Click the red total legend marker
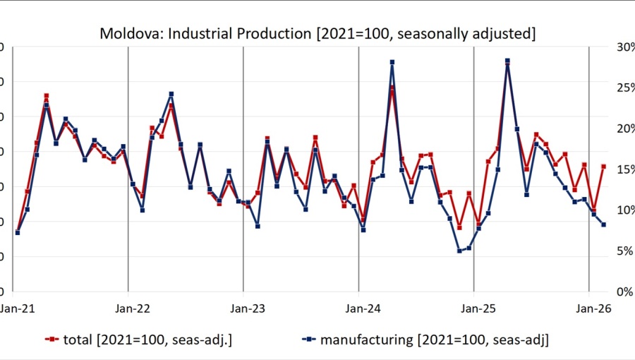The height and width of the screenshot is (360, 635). [51, 340]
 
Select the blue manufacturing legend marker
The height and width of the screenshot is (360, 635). [307, 340]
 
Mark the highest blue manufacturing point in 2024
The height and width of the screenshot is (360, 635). [392, 62]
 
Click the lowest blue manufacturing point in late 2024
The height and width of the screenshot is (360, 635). [459, 251]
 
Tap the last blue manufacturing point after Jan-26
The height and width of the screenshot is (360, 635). [603, 224]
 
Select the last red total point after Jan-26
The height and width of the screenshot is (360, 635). [603, 167]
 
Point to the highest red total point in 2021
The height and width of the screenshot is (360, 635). [46, 95]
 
